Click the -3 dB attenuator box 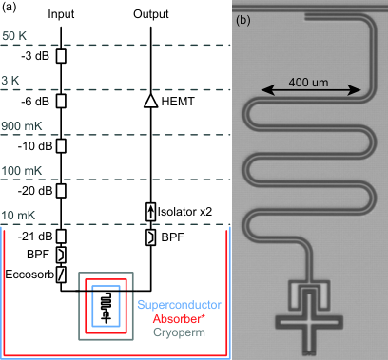coord(61,56)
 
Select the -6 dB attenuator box coord(61,102)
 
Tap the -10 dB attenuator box coord(61,146)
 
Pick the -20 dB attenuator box coord(61,191)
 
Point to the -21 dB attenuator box coord(61,236)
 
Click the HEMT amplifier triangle coord(151,101)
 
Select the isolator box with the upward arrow coord(151,212)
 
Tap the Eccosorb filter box coord(61,275)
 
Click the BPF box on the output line coord(151,237)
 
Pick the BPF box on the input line coord(61,255)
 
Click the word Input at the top coord(61,14)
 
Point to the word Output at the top coord(151,14)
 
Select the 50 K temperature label coord(14,36)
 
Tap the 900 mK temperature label coord(22,126)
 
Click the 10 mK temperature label coord(18,216)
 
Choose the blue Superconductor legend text coord(179,305)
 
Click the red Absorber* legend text coord(179,319)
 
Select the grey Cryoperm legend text coord(179,332)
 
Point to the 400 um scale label coord(308,83)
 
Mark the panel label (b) coord(243,20)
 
